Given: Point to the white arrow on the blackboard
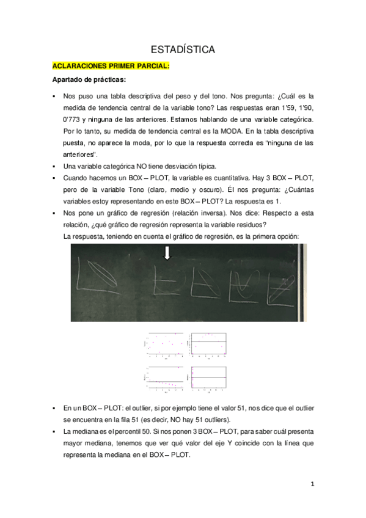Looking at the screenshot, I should pyautogui.click(x=167, y=252).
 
